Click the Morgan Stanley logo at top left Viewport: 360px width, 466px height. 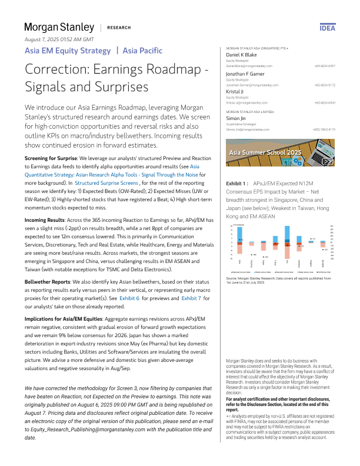click(x=59, y=27)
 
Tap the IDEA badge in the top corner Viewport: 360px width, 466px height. click(x=327, y=28)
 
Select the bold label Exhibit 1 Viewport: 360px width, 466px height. click(x=237, y=184)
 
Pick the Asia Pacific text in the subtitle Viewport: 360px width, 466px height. click(x=143, y=51)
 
